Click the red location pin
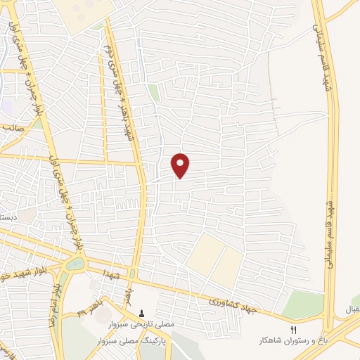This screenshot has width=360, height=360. click(x=181, y=165)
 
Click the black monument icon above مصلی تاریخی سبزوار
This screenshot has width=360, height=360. click(x=142, y=314)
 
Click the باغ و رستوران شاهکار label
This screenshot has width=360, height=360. click(x=295, y=341)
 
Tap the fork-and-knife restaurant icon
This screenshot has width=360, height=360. click(x=295, y=329)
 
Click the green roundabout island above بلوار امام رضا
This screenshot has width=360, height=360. click(x=74, y=264)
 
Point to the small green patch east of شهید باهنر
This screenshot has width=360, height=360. click(x=153, y=94)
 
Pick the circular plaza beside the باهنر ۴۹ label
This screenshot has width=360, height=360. click(x=96, y=284)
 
